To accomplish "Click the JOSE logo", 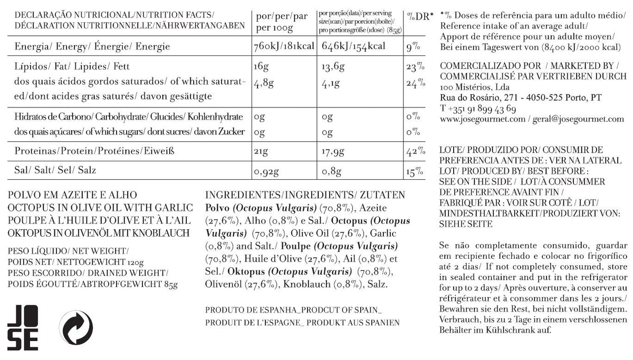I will pyautogui.click(x=23, y=327).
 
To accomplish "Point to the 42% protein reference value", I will pyautogui.click(x=415, y=152).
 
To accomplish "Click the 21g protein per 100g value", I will pyautogui.click(x=261, y=152).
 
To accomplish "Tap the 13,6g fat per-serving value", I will pyautogui.click(x=333, y=67).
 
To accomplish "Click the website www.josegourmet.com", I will pyautogui.click(x=482, y=119).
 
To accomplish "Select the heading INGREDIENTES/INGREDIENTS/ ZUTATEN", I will pyautogui.click(x=304, y=194).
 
